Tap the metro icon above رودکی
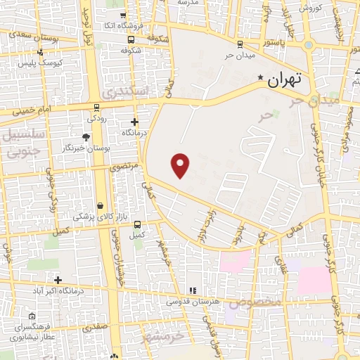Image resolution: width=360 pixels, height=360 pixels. (96, 108)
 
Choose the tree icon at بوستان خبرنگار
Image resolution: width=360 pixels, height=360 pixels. (86, 136)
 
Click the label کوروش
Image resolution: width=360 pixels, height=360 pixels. (310, 8)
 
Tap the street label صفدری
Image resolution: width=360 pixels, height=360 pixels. (95, 326)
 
